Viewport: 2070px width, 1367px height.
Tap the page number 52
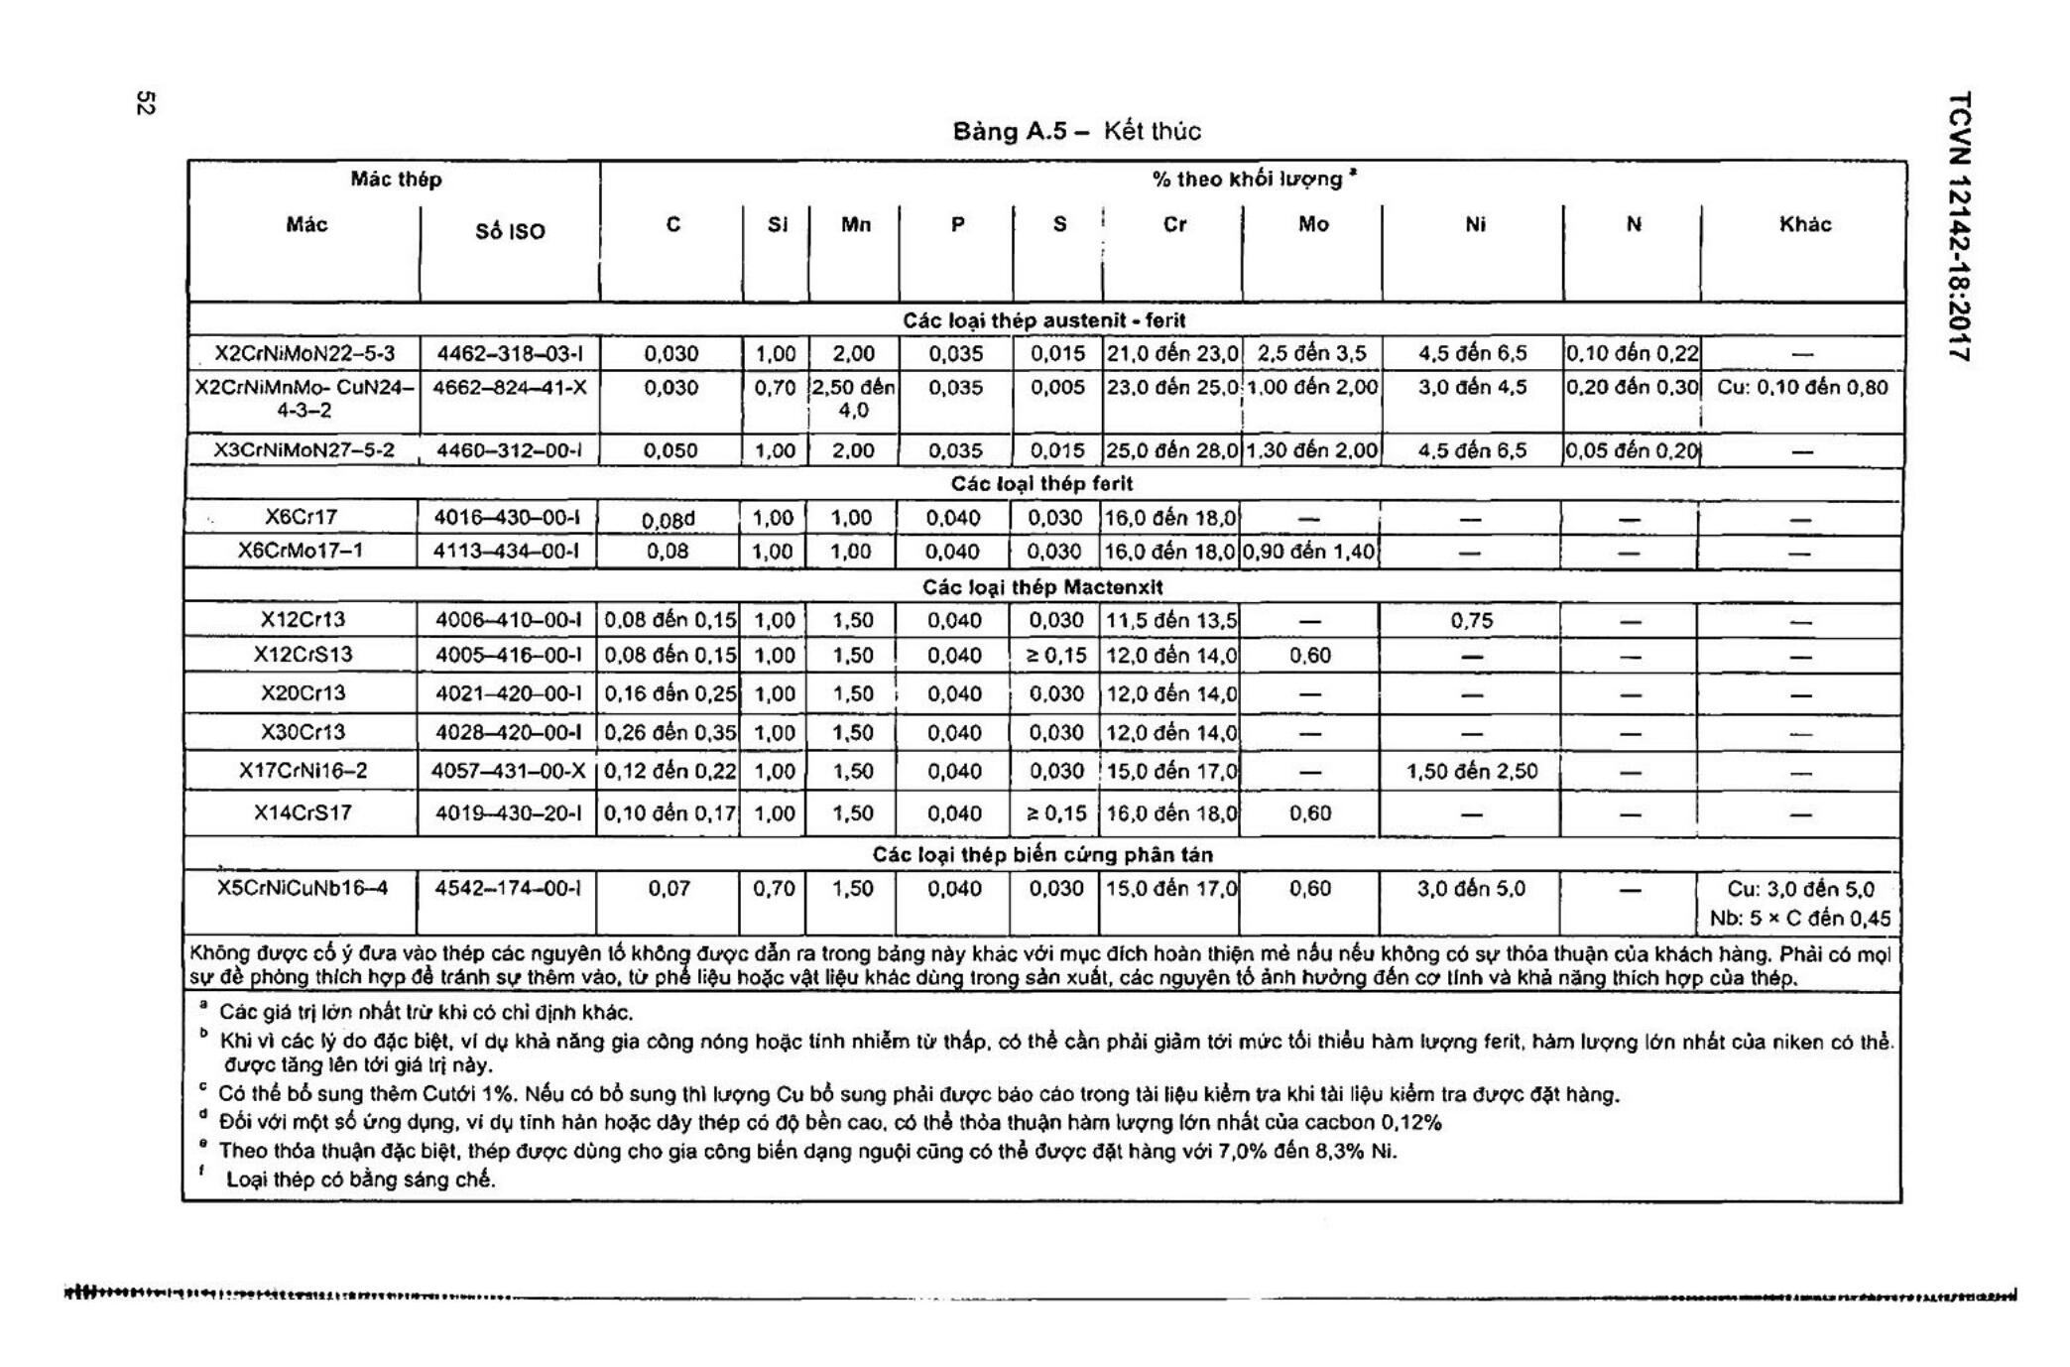[x=145, y=103]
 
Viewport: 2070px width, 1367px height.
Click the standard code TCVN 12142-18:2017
[x=1959, y=227]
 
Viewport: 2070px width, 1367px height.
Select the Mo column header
[x=1312, y=225]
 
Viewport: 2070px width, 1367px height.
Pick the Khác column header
[x=1804, y=225]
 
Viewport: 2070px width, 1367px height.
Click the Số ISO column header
[x=510, y=232]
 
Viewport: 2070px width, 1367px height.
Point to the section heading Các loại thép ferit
[x=1041, y=484]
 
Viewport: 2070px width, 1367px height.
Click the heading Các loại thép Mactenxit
[x=1041, y=587]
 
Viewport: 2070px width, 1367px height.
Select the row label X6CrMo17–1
[x=301, y=551]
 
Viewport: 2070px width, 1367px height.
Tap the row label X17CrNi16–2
[x=303, y=771]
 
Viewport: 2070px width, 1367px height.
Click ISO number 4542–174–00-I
[x=508, y=889]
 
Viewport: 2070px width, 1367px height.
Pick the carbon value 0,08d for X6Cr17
[x=669, y=520]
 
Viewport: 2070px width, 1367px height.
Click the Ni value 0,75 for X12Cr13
[x=1471, y=621]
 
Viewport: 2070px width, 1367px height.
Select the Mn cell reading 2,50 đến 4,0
[x=854, y=399]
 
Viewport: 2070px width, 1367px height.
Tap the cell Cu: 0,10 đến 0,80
[x=1802, y=388]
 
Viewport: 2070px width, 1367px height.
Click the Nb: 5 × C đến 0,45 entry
[x=1800, y=919]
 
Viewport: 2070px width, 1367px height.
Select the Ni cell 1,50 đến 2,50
[x=1472, y=772]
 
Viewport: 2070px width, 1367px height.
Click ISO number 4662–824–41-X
[x=510, y=388]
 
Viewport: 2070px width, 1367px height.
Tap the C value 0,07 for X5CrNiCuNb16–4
[x=669, y=889]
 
